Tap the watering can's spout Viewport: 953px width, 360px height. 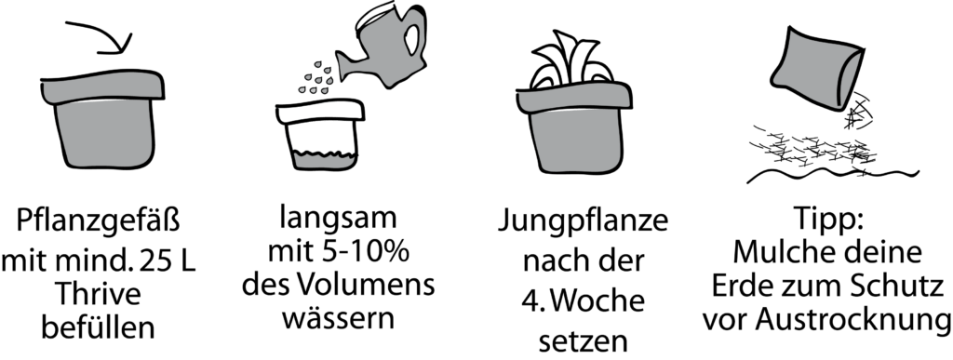351,65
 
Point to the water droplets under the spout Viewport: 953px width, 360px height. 316,78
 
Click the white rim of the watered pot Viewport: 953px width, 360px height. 320,112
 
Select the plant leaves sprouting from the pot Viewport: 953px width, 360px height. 572,60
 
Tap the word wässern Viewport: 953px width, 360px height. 339,317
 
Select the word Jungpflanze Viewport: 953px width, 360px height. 583,223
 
